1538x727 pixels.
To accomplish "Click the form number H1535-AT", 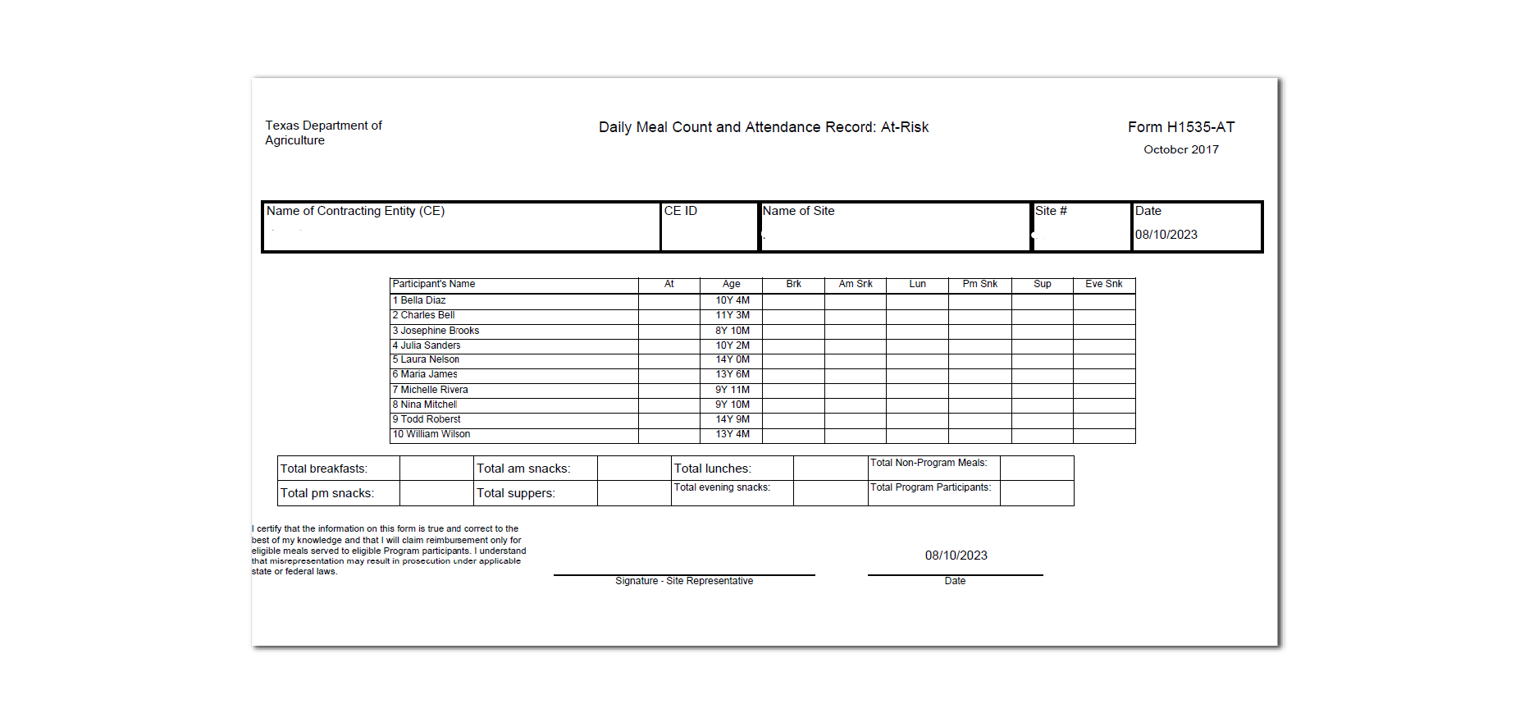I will [x=1180, y=127].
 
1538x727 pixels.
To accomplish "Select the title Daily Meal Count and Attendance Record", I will [x=763, y=127].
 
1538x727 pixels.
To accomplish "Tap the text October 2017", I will [x=1180, y=149].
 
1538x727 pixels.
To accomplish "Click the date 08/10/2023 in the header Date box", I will [x=1166, y=235].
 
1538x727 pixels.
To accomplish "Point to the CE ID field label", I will [x=680, y=211].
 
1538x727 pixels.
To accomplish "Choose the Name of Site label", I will [x=798, y=211].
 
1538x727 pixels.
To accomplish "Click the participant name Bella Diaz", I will [x=422, y=300].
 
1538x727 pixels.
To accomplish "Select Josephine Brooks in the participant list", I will [x=440, y=331].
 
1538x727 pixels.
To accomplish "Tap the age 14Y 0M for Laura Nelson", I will [x=732, y=359].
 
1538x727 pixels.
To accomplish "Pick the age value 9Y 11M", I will [x=732, y=390].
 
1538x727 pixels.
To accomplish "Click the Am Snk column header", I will [x=855, y=284].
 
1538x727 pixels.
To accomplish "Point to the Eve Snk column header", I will [x=1103, y=284].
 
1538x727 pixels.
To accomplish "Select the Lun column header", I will [x=917, y=284].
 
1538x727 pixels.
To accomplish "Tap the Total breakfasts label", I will [x=324, y=469].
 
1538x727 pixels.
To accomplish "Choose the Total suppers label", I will [x=515, y=493].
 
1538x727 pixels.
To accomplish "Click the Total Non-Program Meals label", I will [x=928, y=463].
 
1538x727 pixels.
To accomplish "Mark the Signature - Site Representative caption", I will [x=684, y=581].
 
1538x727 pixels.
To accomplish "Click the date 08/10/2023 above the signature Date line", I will [x=956, y=556].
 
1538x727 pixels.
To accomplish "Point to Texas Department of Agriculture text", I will [x=323, y=133].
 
